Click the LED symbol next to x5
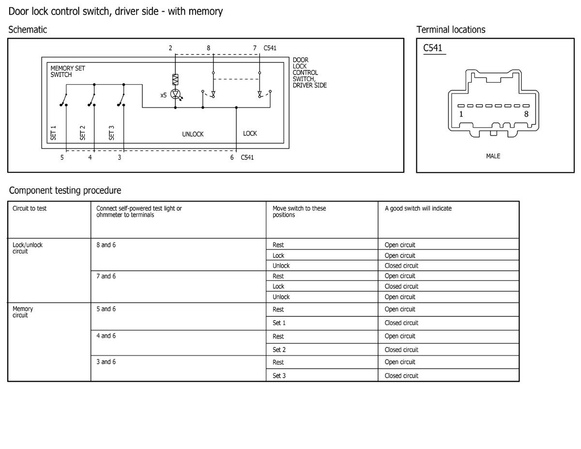point(176,94)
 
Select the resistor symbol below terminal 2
point(175,79)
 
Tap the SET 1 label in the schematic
point(53,133)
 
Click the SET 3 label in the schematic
point(111,133)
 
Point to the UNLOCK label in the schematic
point(193,134)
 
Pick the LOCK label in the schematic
point(250,134)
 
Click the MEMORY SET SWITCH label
point(68,71)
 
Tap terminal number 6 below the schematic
point(232,157)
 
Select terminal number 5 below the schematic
point(62,157)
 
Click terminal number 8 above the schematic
point(209,48)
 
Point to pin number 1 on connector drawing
point(461,114)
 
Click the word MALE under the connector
point(493,156)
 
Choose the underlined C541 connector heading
point(433,48)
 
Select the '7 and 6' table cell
point(106,276)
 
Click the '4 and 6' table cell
point(106,336)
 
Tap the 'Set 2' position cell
point(279,350)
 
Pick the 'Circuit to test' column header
point(30,209)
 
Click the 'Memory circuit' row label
point(23,312)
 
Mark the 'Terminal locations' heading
point(451,30)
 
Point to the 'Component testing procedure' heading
point(65,190)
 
